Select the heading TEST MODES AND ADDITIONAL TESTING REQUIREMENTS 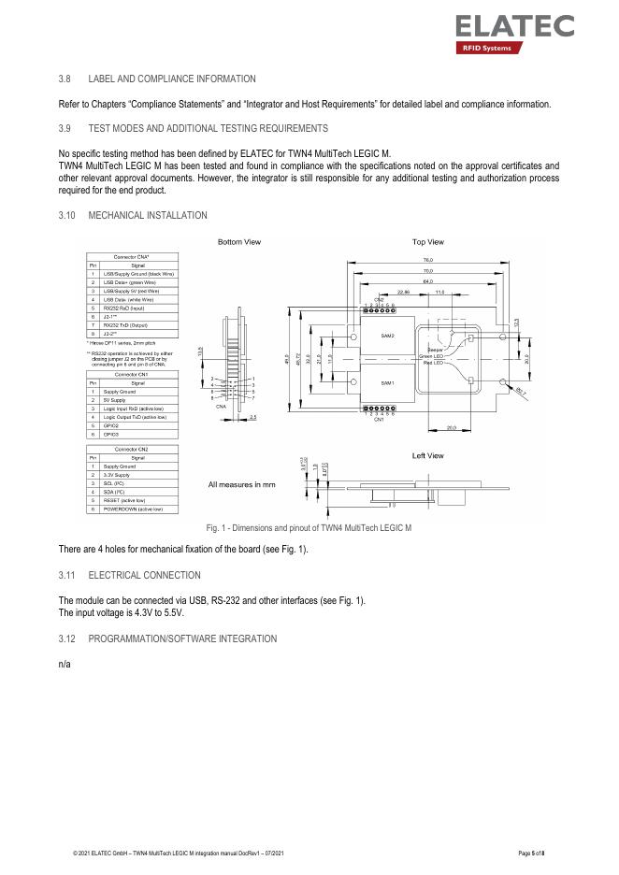click(x=208, y=128)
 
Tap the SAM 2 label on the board click(x=387, y=336)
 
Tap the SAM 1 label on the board click(x=387, y=383)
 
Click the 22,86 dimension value click(x=404, y=292)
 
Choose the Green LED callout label click(x=431, y=355)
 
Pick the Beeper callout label click(x=434, y=350)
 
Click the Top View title click(x=427, y=242)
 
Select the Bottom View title click(x=239, y=242)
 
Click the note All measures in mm click(x=241, y=484)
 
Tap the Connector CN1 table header click(x=131, y=374)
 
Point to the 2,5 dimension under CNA click(x=252, y=417)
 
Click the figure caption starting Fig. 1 click(x=309, y=528)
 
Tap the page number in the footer click(x=530, y=855)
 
